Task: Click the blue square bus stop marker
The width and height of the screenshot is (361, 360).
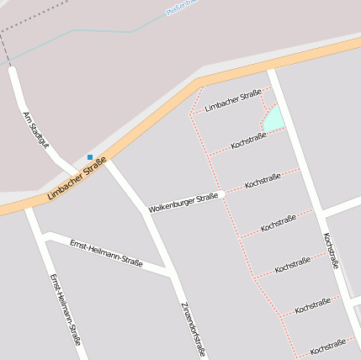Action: (x=90, y=156)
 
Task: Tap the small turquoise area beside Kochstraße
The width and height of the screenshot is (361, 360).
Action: (x=274, y=119)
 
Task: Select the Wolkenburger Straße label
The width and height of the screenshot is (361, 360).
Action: (x=183, y=202)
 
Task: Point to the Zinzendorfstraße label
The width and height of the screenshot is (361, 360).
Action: (x=194, y=329)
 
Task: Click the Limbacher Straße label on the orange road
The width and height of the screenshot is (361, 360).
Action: (x=77, y=179)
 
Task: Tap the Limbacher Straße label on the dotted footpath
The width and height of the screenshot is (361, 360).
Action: (x=232, y=99)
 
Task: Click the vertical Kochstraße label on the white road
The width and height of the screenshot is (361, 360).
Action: (x=331, y=250)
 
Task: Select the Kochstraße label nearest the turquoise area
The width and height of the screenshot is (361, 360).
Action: (x=248, y=140)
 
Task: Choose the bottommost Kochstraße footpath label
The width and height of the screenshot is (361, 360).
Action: (x=327, y=346)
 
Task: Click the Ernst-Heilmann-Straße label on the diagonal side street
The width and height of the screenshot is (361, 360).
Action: (x=106, y=251)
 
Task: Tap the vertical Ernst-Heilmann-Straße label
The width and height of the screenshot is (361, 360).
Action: (x=65, y=310)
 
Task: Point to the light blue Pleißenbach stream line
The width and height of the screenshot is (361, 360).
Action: (x=101, y=30)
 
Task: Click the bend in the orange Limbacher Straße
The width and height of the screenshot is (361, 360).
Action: (x=199, y=82)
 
